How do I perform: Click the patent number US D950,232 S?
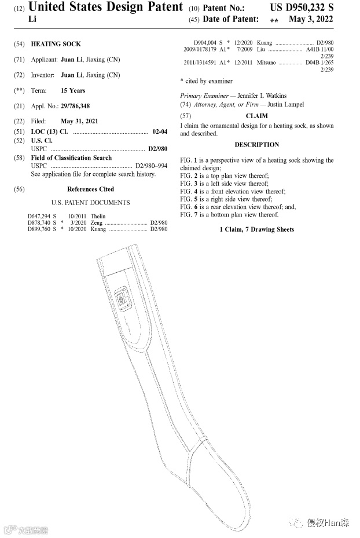point(302,8)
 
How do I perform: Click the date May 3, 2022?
point(311,20)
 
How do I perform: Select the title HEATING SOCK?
point(56,44)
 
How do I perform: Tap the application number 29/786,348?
point(75,106)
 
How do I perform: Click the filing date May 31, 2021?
point(79,122)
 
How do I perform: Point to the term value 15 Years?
point(73,91)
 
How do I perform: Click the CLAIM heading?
point(256,116)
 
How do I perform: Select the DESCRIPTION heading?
point(256,145)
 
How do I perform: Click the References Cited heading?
point(90,189)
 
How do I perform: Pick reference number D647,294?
point(39,217)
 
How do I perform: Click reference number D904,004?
point(205,43)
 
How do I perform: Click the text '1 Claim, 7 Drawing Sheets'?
point(256,230)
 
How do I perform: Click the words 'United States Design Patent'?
point(105,8)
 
